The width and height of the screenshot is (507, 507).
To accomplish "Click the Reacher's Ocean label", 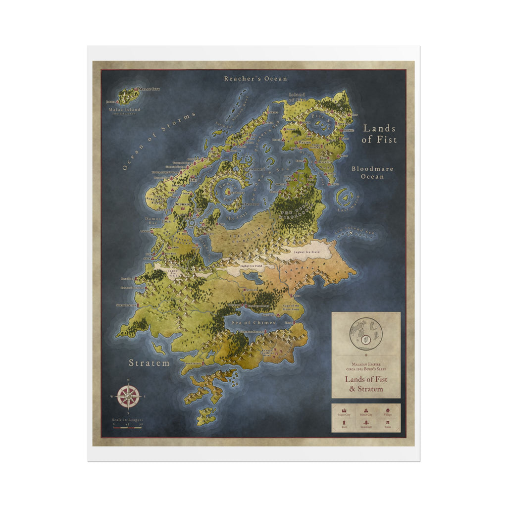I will (x=255, y=78).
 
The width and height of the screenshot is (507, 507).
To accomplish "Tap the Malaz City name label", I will (x=149, y=89).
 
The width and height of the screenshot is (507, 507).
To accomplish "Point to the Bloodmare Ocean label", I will (x=372, y=172).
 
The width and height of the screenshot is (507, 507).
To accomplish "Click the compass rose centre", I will (x=128, y=396).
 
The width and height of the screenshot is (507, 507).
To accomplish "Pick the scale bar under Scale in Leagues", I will (x=127, y=427).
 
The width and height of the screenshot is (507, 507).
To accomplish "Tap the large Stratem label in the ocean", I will (x=149, y=363).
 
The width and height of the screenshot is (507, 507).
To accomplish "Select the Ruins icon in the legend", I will (x=387, y=423).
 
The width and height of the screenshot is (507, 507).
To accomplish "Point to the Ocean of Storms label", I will (x=159, y=142).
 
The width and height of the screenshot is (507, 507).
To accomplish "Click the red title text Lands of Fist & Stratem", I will (x=366, y=384).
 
